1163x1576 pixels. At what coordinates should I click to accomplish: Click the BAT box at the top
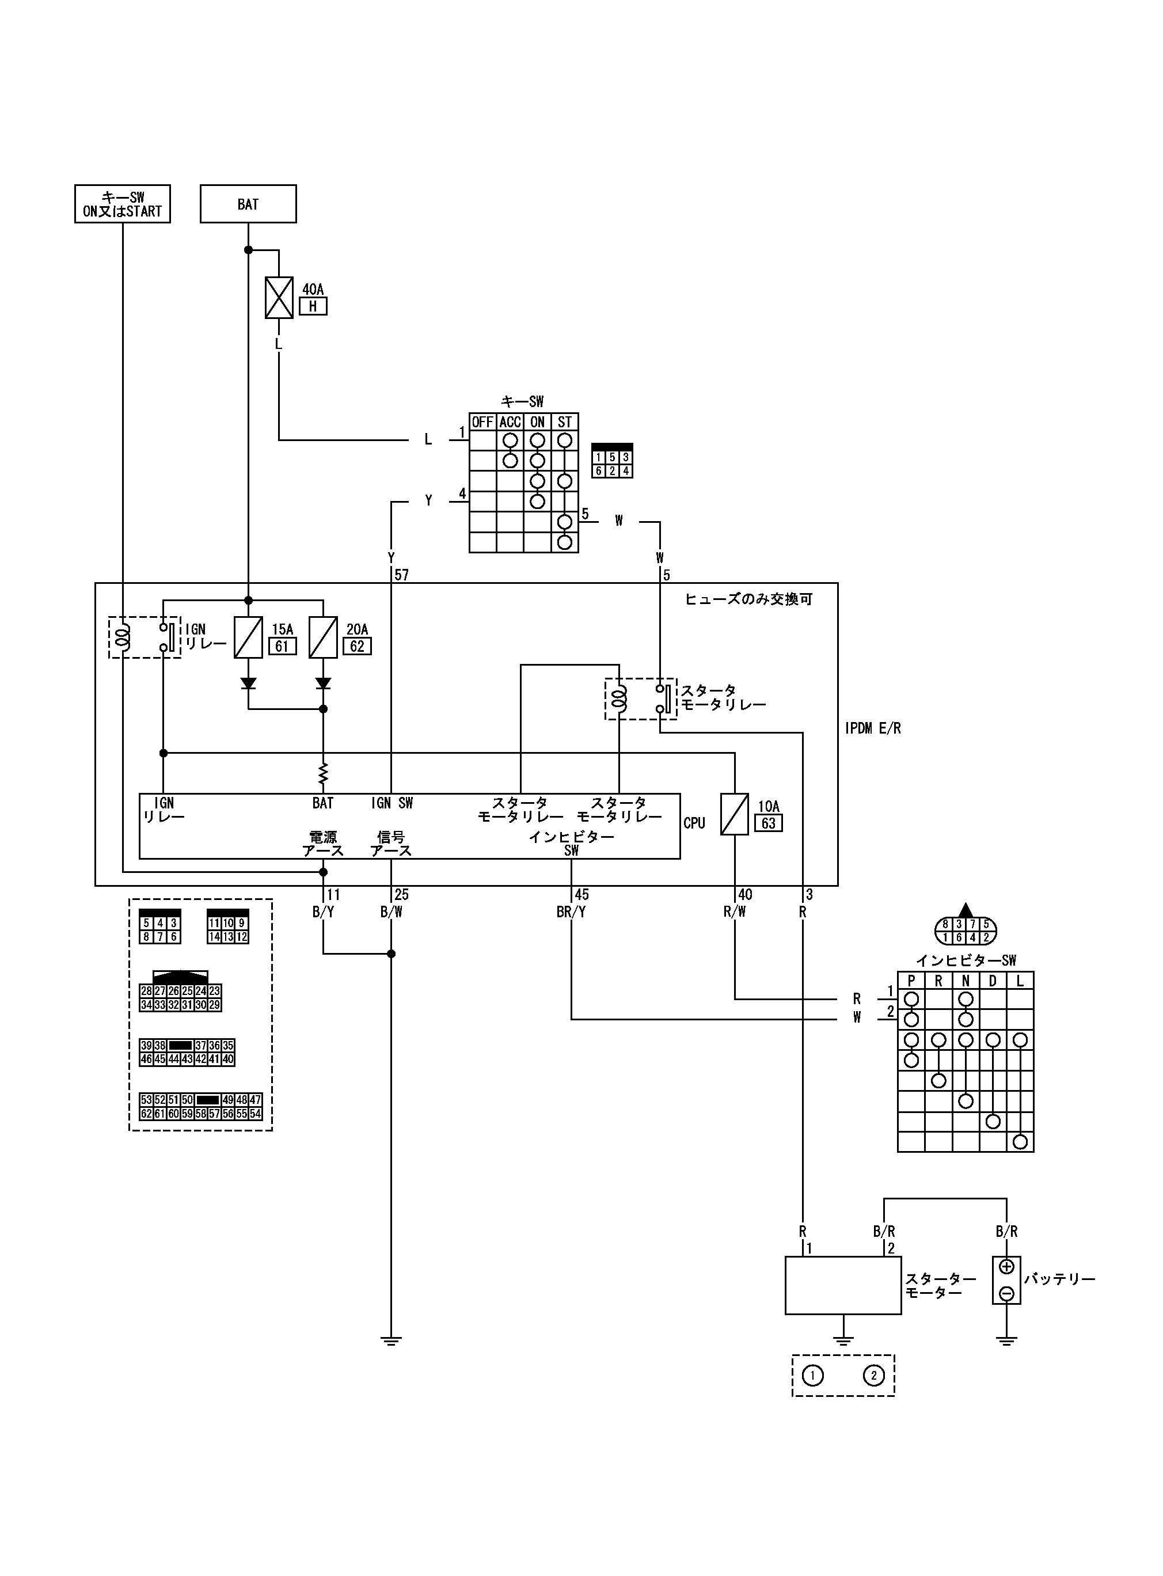(248, 204)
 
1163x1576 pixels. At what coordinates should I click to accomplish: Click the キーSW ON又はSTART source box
(123, 204)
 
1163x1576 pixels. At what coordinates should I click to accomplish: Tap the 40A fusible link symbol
(279, 297)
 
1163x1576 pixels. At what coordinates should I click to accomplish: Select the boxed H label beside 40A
(313, 306)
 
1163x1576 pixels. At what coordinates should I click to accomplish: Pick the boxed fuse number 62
(357, 646)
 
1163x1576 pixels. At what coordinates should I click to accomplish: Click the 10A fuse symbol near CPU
(734, 814)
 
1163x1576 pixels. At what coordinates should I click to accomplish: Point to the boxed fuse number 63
(768, 823)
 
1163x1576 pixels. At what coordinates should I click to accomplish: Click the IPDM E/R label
(873, 728)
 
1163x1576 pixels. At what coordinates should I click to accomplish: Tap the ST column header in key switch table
(565, 422)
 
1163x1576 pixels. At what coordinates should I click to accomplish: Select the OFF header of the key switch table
(482, 422)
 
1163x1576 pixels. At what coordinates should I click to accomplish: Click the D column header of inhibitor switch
(993, 981)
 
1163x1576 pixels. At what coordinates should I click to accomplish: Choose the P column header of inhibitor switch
(911, 981)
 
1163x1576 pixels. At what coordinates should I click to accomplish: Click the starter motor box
(843, 1285)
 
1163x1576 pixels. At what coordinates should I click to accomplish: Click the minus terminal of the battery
(1007, 1293)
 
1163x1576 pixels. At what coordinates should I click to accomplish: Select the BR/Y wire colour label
(571, 912)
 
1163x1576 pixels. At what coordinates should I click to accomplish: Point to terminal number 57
(401, 575)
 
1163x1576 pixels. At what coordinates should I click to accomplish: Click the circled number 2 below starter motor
(873, 1376)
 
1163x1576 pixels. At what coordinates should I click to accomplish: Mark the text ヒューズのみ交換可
(748, 599)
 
